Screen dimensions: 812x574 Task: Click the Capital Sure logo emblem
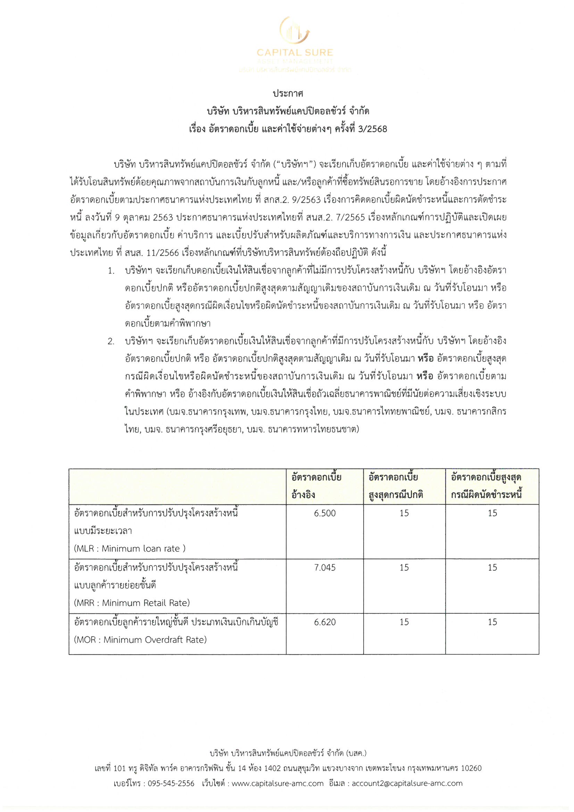pos(294,31)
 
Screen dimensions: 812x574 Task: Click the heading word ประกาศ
pos(288,94)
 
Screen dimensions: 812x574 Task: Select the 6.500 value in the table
pos(325,513)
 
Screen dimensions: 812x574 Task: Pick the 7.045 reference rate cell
pos(325,567)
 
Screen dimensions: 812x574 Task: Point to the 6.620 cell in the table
pos(325,622)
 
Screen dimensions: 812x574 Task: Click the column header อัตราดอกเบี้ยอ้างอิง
pos(317,486)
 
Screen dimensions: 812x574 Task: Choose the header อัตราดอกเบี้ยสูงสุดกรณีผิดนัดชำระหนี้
pos(486,486)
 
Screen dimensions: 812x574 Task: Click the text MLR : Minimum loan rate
pos(130,549)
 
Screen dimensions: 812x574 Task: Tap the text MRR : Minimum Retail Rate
pos(132,603)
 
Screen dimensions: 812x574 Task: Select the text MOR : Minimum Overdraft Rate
pos(140,640)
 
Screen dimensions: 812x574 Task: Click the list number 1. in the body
pos(111,271)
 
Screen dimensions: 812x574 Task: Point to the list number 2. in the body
pos(111,342)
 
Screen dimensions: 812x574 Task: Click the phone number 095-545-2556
pos(171,784)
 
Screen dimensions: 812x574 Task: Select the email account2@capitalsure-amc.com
pos(407,784)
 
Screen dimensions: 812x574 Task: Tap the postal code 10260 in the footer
pos(471,768)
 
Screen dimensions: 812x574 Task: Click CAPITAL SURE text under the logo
pos(294,53)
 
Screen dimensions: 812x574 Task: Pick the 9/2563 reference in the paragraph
pos(306,200)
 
